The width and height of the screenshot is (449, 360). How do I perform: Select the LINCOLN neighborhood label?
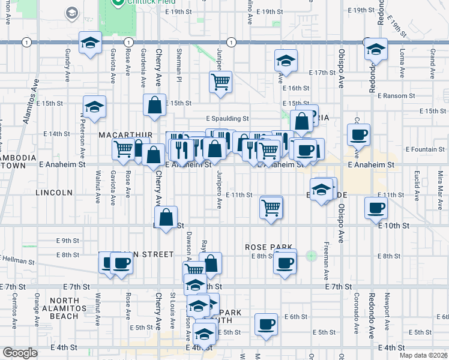[x=54, y=193]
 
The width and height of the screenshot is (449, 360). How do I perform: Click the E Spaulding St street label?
[x=227, y=119]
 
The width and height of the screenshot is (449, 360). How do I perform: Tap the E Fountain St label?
[x=424, y=149]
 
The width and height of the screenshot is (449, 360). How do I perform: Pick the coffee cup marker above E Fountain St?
[x=359, y=134]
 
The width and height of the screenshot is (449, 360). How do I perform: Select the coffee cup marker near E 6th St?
[x=266, y=325]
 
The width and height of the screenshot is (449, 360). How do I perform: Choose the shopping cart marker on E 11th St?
[x=271, y=208]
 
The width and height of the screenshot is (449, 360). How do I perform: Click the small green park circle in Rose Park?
[x=311, y=256]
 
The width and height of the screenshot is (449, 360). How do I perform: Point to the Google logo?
[x=20, y=353]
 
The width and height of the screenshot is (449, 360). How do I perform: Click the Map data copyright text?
[x=424, y=355]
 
